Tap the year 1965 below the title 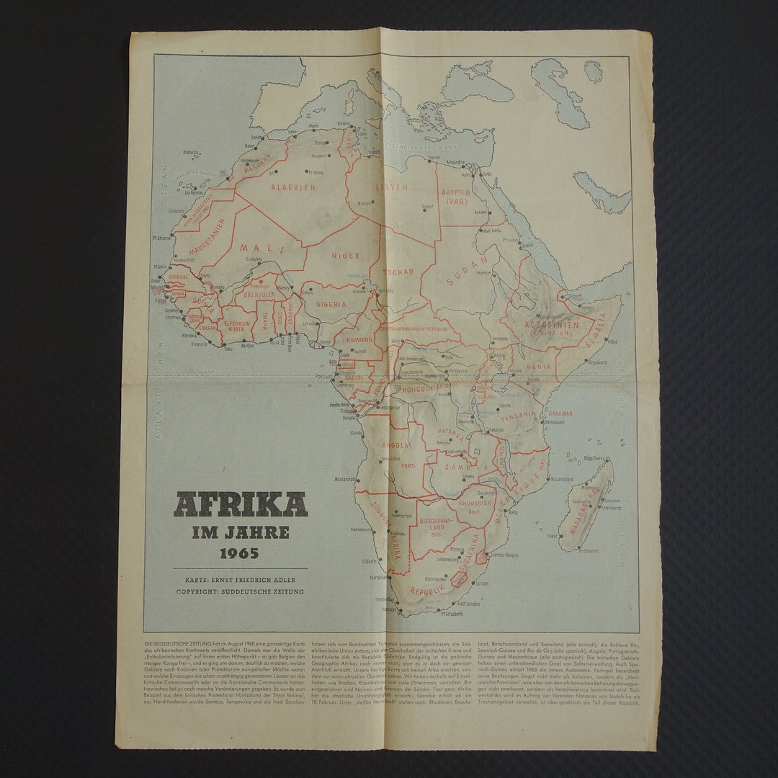coord(240,555)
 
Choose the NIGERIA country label coord(328,304)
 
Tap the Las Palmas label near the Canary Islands coord(195,192)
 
